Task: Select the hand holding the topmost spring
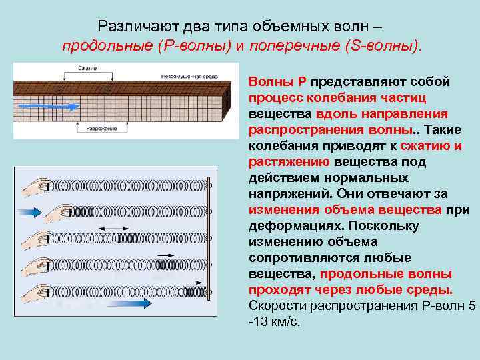coord(37,187)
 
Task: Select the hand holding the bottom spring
coord(37,291)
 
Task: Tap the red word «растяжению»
coord(288,161)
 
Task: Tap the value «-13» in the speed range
coord(258,322)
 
